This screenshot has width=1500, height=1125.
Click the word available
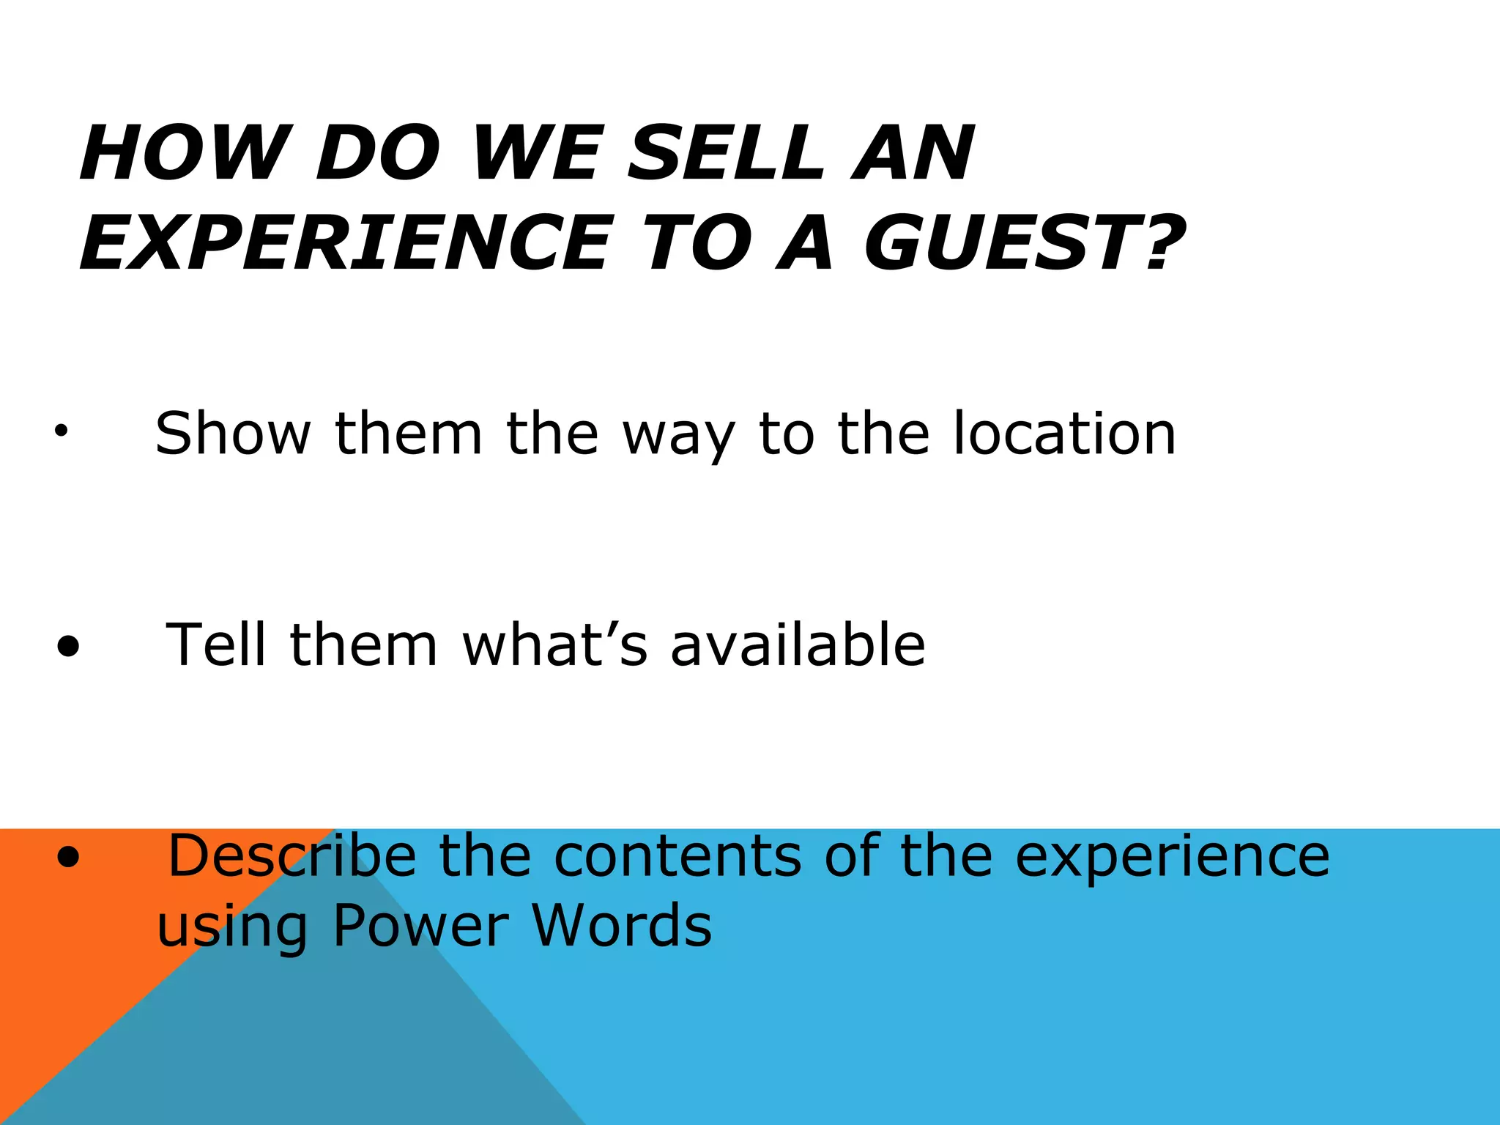click(x=798, y=645)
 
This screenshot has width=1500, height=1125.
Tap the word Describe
click(x=292, y=855)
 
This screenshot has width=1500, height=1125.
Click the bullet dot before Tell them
click(x=68, y=647)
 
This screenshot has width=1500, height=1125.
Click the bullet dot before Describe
click(x=68, y=858)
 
